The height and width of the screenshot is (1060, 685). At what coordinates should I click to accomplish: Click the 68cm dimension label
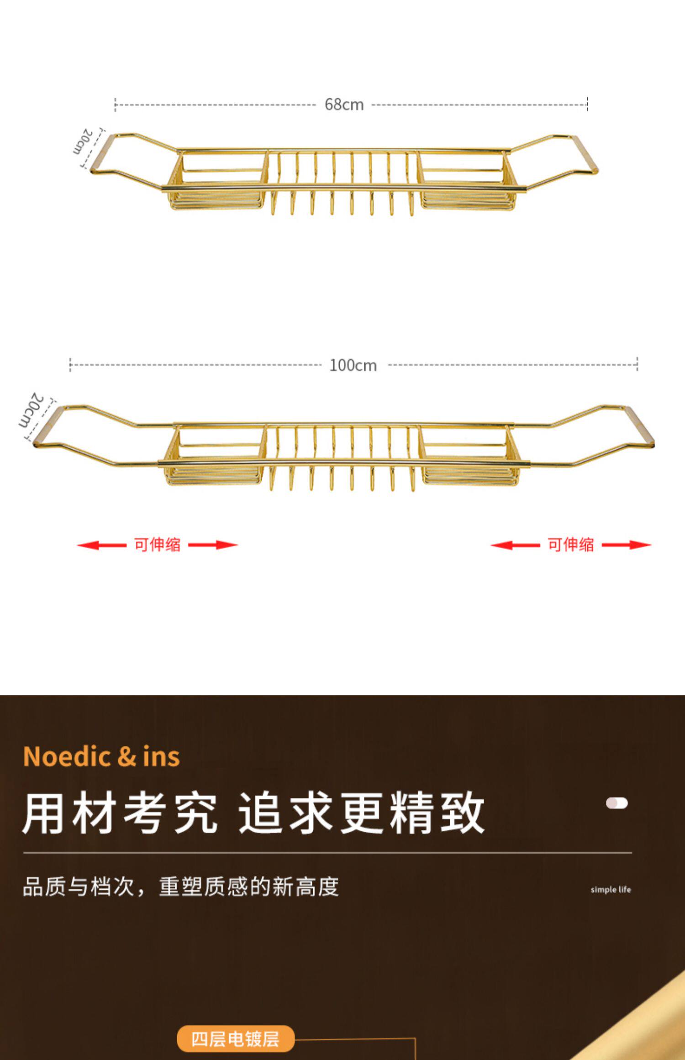tap(344, 105)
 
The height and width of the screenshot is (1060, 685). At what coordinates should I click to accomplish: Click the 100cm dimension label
tap(353, 365)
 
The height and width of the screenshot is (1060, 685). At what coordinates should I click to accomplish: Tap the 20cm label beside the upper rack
tap(83, 141)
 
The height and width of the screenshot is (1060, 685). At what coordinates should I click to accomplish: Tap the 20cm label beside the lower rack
tap(31, 410)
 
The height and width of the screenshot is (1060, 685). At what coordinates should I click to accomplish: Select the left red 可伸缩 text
tap(157, 545)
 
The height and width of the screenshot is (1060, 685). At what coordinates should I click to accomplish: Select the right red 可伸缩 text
tap(571, 545)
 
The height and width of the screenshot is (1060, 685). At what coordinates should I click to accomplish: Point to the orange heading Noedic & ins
tap(101, 756)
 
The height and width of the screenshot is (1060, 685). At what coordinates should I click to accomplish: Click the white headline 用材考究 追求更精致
tap(253, 813)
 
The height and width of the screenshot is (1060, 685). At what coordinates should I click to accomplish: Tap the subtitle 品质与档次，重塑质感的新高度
tap(181, 887)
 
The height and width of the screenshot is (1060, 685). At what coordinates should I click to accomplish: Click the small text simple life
tap(611, 889)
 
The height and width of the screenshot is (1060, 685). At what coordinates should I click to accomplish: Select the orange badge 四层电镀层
tap(235, 1039)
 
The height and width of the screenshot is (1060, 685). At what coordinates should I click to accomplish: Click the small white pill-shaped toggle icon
tap(616, 803)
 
